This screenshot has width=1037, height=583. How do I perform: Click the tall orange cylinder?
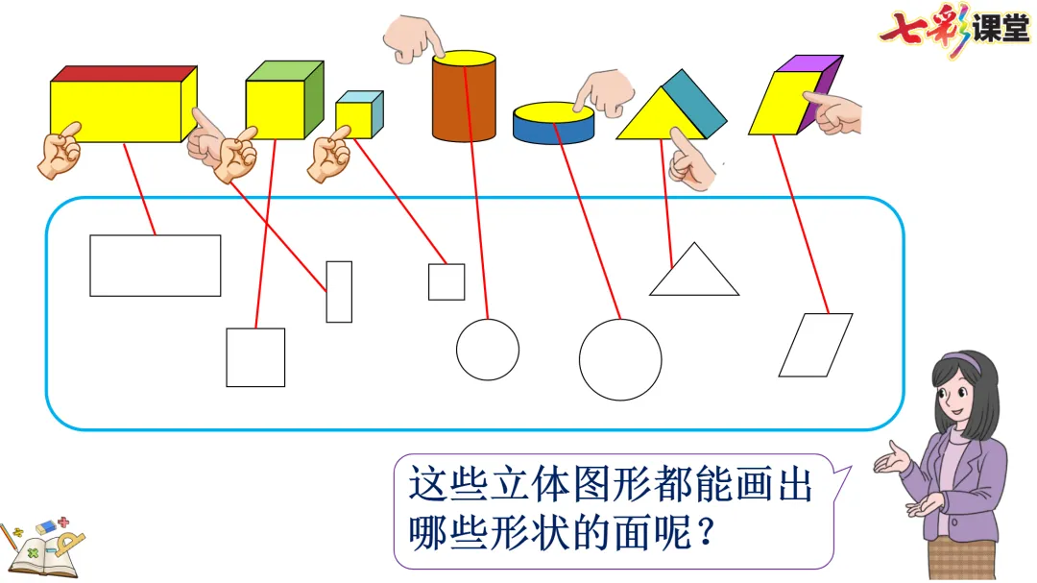click(x=464, y=101)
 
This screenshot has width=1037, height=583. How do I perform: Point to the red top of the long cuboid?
click(x=123, y=74)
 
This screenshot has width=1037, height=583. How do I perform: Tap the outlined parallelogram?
click(x=815, y=345)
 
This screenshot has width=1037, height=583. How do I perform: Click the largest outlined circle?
click(x=620, y=359)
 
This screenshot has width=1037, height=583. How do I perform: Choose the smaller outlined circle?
click(x=487, y=349)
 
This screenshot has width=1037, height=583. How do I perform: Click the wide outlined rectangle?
click(x=155, y=265)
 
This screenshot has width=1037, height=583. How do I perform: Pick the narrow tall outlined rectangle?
click(x=339, y=291)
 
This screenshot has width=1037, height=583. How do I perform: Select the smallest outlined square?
click(x=446, y=281)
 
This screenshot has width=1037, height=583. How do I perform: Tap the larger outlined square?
click(x=255, y=357)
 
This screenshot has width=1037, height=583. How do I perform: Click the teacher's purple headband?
click(x=963, y=363)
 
